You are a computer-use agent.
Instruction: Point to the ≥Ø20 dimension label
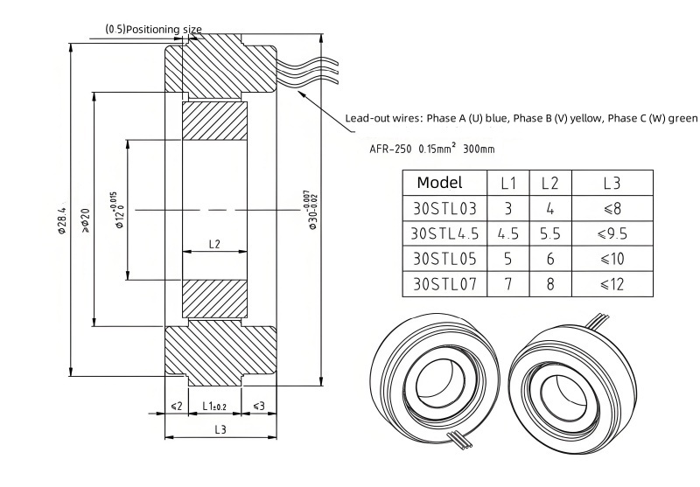click(85, 220)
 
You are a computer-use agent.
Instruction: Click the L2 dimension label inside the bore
click(214, 244)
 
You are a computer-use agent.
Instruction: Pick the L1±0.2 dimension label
click(214, 406)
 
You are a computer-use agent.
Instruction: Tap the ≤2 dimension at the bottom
click(177, 406)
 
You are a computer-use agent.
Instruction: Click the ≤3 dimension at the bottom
click(259, 406)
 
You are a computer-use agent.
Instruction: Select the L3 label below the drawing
click(220, 429)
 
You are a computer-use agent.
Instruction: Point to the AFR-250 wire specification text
click(390, 149)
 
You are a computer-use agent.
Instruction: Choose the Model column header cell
click(444, 183)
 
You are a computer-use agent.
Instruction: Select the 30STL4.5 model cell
click(444, 233)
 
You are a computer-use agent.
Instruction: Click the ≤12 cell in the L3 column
click(612, 283)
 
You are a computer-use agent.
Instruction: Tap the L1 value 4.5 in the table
click(508, 233)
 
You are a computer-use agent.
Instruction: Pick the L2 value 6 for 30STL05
click(550, 259)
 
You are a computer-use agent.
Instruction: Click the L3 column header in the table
click(612, 183)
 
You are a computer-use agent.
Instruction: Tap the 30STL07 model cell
click(444, 283)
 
